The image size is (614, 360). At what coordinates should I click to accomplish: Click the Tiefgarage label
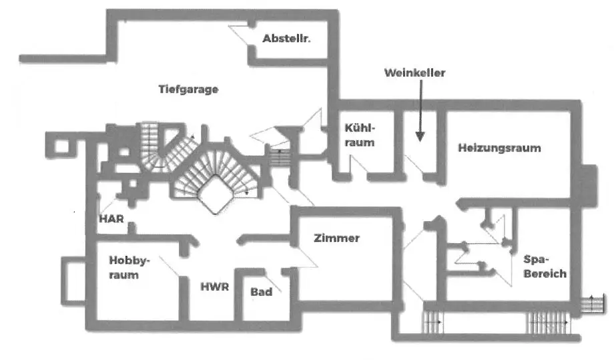tap(189, 89)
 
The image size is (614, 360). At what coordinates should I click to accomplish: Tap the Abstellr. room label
tap(286, 39)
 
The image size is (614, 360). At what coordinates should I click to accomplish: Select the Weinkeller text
tap(414, 72)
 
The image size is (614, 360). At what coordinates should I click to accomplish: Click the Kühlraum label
tap(360, 135)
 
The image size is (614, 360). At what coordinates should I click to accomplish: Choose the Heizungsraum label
tap(499, 148)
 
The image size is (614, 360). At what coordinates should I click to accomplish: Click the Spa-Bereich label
tap(545, 266)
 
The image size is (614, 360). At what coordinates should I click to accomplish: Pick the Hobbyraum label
tap(125, 267)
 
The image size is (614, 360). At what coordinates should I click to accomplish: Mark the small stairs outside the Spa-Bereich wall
tap(591, 303)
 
